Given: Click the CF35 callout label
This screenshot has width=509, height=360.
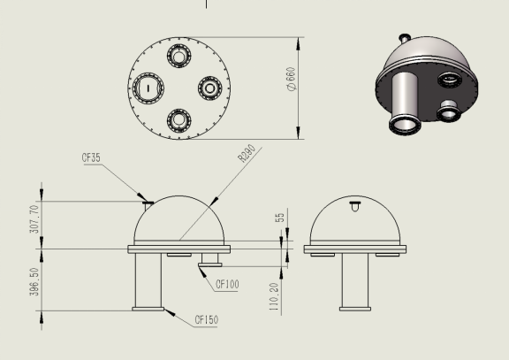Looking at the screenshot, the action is coord(91,158).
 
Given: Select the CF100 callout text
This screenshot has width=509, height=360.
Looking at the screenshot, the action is coord(227,284).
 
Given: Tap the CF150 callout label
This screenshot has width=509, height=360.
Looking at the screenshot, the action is coord(207,319).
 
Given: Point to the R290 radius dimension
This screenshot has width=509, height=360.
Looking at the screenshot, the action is coord(247,153).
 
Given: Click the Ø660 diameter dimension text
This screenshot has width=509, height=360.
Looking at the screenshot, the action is coord(292,79).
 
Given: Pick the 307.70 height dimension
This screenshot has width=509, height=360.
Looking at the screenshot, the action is coord(34,219).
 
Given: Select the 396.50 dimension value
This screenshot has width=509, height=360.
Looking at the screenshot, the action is coord(34,281).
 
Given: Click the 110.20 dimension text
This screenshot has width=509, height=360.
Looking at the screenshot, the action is coord(274,296).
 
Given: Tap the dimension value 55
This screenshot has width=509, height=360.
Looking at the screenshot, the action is coord(279,218).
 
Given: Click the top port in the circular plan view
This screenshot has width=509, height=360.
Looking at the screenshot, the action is coord(179,56).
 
